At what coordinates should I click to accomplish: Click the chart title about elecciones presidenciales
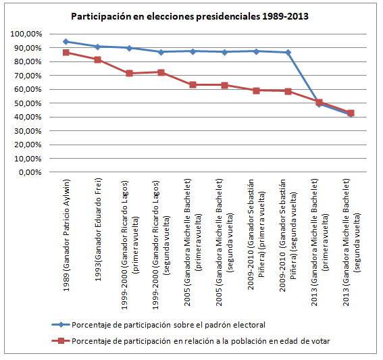pyautogui.click(x=190, y=17)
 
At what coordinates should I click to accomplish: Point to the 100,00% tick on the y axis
pyautogui.click(x=26, y=34)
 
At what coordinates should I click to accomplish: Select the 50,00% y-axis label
pyautogui.click(x=28, y=103)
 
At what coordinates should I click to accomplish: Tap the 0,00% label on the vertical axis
pyautogui.click(x=30, y=172)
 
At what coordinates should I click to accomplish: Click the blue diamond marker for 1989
pyautogui.click(x=66, y=41)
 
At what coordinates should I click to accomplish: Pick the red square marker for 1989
pyautogui.click(x=66, y=53)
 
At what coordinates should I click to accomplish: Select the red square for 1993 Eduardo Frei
pyautogui.click(x=98, y=59)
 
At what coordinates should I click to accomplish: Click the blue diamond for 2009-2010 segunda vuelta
pyautogui.click(x=288, y=52)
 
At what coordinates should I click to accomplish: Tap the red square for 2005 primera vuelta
pyautogui.click(x=193, y=84)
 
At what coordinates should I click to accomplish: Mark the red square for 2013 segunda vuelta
pyautogui.click(x=351, y=113)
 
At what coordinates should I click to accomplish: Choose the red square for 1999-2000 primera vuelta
pyautogui.click(x=130, y=73)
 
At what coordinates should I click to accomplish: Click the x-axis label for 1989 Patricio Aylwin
pyautogui.click(x=66, y=235)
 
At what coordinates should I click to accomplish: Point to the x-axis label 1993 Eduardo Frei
pyautogui.click(x=98, y=230)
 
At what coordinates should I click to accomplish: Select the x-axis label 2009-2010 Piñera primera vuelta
pyautogui.click(x=256, y=234)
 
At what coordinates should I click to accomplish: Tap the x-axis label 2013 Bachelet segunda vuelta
pyautogui.click(x=351, y=242)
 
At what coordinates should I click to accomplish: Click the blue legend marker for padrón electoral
pyautogui.click(x=61, y=325)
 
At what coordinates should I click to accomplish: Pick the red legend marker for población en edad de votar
pyautogui.click(x=61, y=340)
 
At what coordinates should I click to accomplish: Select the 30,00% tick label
pyautogui.click(x=28, y=131)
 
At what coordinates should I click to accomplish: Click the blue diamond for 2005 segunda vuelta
pyautogui.click(x=224, y=52)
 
